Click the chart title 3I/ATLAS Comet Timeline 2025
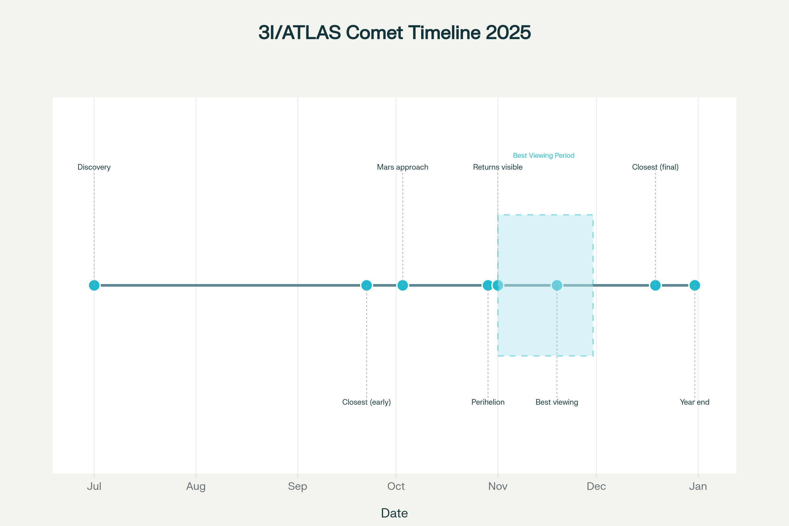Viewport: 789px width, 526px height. pos(394,33)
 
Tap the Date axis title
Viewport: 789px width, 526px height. pos(394,513)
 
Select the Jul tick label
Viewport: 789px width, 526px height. pos(94,487)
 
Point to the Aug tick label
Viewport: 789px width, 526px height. pos(196,487)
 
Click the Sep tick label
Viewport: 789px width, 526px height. pos(298,487)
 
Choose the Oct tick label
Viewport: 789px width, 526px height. pos(396,487)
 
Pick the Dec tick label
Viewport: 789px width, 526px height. pos(596,487)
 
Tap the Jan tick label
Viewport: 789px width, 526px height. pos(698,487)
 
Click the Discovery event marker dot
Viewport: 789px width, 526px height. pos(94,285)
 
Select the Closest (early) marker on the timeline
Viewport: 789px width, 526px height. pos(367,285)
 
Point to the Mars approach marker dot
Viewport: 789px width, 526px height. pos(402,285)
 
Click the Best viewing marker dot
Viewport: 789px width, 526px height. pos(557,285)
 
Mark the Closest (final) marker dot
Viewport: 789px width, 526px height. pos(656,285)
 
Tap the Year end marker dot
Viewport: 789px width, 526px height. pos(695,285)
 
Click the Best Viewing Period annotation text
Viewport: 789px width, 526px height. pos(544,155)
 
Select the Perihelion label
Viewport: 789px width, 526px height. pos(488,402)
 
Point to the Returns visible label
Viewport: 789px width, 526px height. pos(498,167)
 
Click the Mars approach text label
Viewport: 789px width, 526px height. pos(402,167)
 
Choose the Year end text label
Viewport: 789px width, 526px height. pos(695,402)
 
